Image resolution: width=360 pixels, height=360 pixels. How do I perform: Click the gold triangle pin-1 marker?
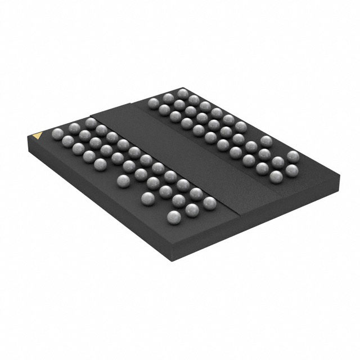click(38, 136)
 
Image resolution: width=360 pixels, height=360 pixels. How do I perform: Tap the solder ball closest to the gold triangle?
click(57, 134)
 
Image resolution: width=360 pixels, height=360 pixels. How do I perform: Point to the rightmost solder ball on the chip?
click(292, 156)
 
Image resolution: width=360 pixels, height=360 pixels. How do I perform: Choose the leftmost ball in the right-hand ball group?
click(153, 103)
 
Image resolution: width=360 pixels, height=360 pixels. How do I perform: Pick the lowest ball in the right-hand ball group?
click(276, 177)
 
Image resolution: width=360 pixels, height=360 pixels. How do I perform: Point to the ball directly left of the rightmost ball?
click(265, 141)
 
